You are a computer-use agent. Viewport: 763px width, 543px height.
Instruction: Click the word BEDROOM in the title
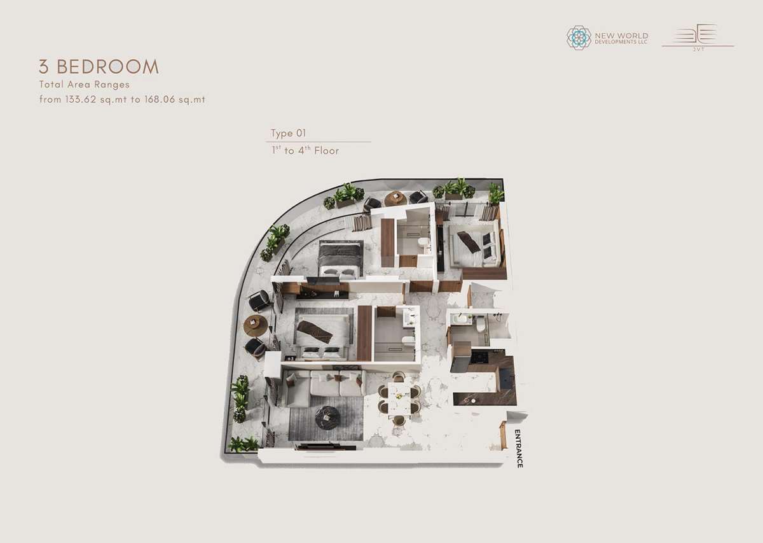[107, 66]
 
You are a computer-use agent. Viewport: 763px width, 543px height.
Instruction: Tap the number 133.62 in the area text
[81, 99]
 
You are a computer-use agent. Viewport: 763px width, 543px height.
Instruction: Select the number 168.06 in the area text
[160, 99]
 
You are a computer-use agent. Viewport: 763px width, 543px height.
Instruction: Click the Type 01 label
[288, 133]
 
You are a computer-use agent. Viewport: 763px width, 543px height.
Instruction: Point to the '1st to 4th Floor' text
[305, 150]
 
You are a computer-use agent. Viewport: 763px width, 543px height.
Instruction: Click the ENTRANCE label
[518, 449]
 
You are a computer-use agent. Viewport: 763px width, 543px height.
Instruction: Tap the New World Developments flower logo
[579, 38]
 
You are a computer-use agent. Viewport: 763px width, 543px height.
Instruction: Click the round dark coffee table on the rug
[327, 417]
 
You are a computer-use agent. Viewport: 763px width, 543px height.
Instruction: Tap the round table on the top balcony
[395, 199]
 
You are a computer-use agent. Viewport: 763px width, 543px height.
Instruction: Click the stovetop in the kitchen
[479, 357]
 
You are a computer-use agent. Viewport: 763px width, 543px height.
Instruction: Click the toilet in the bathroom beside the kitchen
[481, 323]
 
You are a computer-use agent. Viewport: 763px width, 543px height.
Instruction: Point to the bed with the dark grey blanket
[341, 258]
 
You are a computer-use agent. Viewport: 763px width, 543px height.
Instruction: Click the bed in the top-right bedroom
[475, 244]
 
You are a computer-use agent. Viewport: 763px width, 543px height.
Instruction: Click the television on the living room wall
[326, 446]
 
